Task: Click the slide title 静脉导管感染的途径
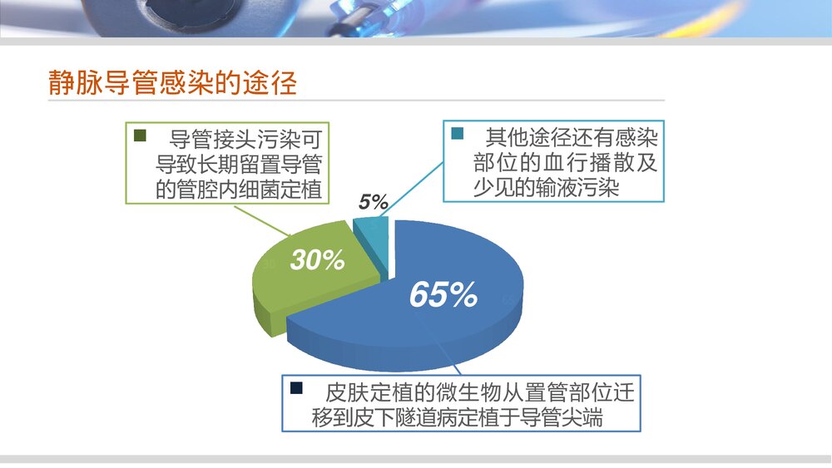172,83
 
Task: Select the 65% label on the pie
443,294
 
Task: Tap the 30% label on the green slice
317,260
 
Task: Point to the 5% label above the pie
374,201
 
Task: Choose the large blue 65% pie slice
466,324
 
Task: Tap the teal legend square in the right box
457,134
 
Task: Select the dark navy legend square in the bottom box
296,387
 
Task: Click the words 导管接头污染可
245,137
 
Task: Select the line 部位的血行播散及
553,162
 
